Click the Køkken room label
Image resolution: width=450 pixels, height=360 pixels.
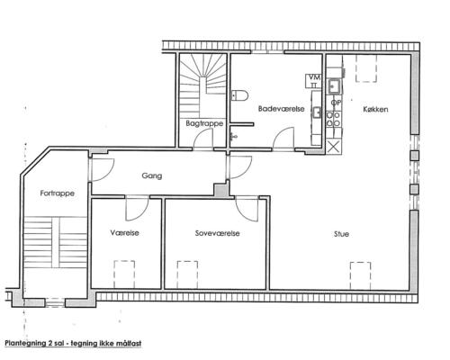[x=375, y=109]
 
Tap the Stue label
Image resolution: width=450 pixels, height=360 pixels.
[x=341, y=234]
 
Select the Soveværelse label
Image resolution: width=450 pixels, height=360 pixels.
[x=217, y=233]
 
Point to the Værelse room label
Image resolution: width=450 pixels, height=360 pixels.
[x=124, y=233]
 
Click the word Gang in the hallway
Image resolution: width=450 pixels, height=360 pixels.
[x=152, y=175]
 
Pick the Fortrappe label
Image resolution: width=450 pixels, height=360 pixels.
[x=57, y=193]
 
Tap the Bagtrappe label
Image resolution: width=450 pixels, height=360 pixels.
[x=204, y=123]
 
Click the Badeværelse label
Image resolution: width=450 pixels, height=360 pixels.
[x=281, y=109]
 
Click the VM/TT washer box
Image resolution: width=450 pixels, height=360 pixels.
[x=313, y=81]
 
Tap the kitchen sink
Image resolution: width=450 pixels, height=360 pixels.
[x=335, y=86]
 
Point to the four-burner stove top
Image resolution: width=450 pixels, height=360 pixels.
[x=333, y=119]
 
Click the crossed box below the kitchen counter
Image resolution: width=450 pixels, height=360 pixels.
[x=333, y=147]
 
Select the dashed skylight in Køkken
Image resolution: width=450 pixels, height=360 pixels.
[x=366, y=68]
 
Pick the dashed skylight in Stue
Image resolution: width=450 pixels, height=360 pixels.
[x=360, y=275]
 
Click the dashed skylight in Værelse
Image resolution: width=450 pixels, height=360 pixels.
[x=124, y=274]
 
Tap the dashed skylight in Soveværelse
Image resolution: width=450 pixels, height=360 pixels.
[x=187, y=274]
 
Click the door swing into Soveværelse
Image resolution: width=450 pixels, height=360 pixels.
[x=247, y=209]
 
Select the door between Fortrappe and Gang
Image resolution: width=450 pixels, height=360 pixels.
[x=102, y=169]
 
